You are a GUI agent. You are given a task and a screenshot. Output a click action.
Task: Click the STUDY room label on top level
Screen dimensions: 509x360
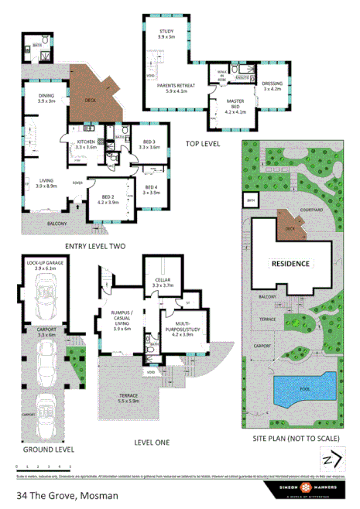pos(166,34)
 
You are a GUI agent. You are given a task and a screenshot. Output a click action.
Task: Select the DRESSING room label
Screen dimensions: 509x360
pos(273,86)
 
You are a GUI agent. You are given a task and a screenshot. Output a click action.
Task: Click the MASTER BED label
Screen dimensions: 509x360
pos(235,107)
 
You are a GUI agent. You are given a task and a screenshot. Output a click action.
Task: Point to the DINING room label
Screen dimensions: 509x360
pos(46,98)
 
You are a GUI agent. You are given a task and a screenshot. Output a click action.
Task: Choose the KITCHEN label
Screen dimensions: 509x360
pos(85,144)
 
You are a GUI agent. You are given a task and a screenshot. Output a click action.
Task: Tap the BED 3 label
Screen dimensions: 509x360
pos(150,144)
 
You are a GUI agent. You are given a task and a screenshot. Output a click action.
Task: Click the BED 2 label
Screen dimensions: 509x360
pos(108,200)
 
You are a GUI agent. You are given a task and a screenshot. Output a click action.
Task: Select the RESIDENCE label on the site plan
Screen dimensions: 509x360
pos(290,264)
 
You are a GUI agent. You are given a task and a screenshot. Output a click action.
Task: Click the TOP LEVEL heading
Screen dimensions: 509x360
pos(203,145)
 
